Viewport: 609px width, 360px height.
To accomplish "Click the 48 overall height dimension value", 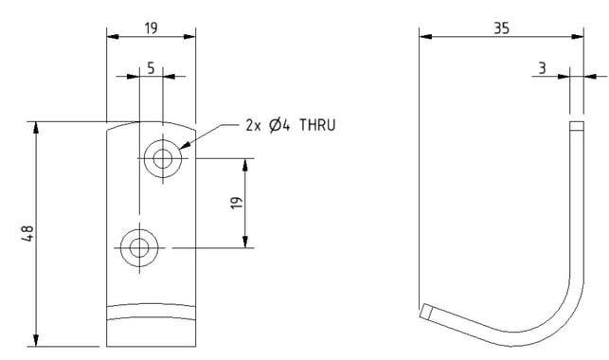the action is point(28,233).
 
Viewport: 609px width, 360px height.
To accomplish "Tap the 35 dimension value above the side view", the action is point(501,28).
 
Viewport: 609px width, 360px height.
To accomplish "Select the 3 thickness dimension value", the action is point(542,68).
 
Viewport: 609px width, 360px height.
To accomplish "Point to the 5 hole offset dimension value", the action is point(151,68).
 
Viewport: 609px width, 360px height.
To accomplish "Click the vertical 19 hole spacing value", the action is point(237,203).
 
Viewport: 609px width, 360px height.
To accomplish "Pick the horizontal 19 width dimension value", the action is point(152,28).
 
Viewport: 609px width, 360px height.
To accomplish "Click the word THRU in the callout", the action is point(317,125).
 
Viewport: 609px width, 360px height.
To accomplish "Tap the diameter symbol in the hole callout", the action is point(275,125).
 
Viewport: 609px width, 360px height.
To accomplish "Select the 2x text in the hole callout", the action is point(254,125).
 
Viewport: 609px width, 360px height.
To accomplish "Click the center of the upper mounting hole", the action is point(163,158).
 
